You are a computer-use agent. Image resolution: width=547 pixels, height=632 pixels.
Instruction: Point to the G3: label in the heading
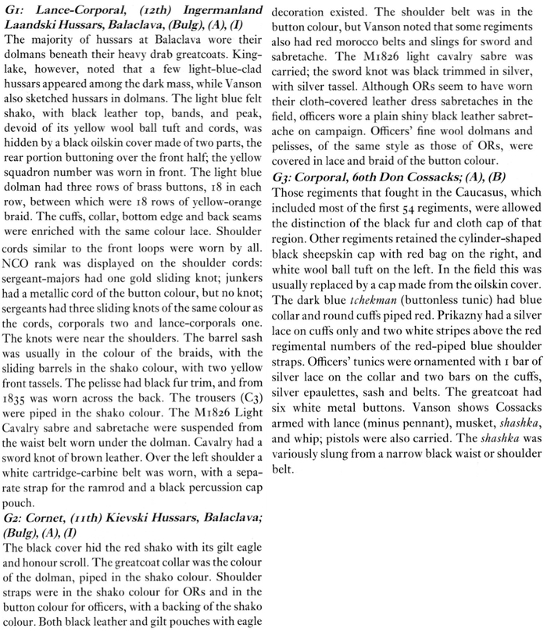(288, 185)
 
